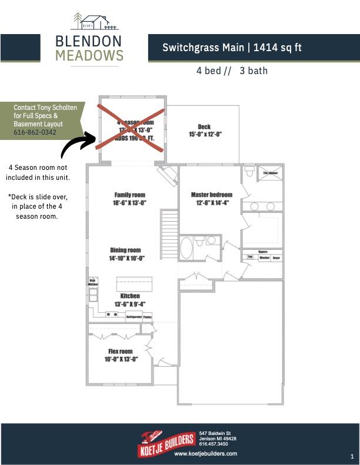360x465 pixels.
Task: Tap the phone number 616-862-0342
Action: tap(35, 133)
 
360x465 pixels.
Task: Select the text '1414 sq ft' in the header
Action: tap(277, 48)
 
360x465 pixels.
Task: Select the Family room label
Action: tap(129, 195)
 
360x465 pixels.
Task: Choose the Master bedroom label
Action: tap(212, 195)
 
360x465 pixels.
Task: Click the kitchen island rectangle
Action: tap(134, 283)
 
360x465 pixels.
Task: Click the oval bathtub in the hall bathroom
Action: tap(186, 249)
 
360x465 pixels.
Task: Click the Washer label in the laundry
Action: tap(264, 257)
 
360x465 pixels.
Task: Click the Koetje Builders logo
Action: tap(166, 440)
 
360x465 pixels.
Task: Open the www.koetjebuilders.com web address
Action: tap(205, 454)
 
